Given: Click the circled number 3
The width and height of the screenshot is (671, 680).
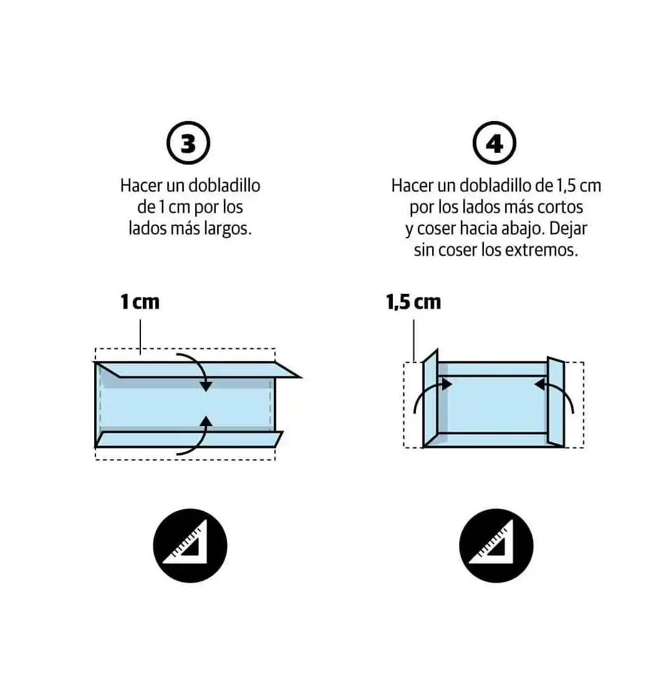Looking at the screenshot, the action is coord(188,143).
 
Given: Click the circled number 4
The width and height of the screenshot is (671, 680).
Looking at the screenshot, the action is coord(494,143).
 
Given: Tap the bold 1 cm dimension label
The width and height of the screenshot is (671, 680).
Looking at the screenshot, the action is coord(140,302).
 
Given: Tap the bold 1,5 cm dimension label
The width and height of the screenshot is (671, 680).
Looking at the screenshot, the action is coord(413,302).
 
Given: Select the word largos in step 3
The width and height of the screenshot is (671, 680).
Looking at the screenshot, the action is coord(227,228).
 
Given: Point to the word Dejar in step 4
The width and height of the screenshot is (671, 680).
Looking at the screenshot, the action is coord(568,228).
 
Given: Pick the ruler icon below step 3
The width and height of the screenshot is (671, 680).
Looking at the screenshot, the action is coord(190,545).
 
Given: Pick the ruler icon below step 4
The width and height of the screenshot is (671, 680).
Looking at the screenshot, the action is coord(496,545).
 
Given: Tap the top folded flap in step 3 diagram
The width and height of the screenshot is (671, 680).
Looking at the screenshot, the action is coord(198,369).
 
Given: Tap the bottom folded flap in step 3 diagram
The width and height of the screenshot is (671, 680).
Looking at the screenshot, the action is coord(189,439).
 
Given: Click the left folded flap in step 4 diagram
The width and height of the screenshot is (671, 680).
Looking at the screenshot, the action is coord(430,398).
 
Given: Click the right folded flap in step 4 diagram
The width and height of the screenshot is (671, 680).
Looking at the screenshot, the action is coord(556,402).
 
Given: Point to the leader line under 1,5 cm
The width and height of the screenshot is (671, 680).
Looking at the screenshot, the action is coord(413,340).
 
